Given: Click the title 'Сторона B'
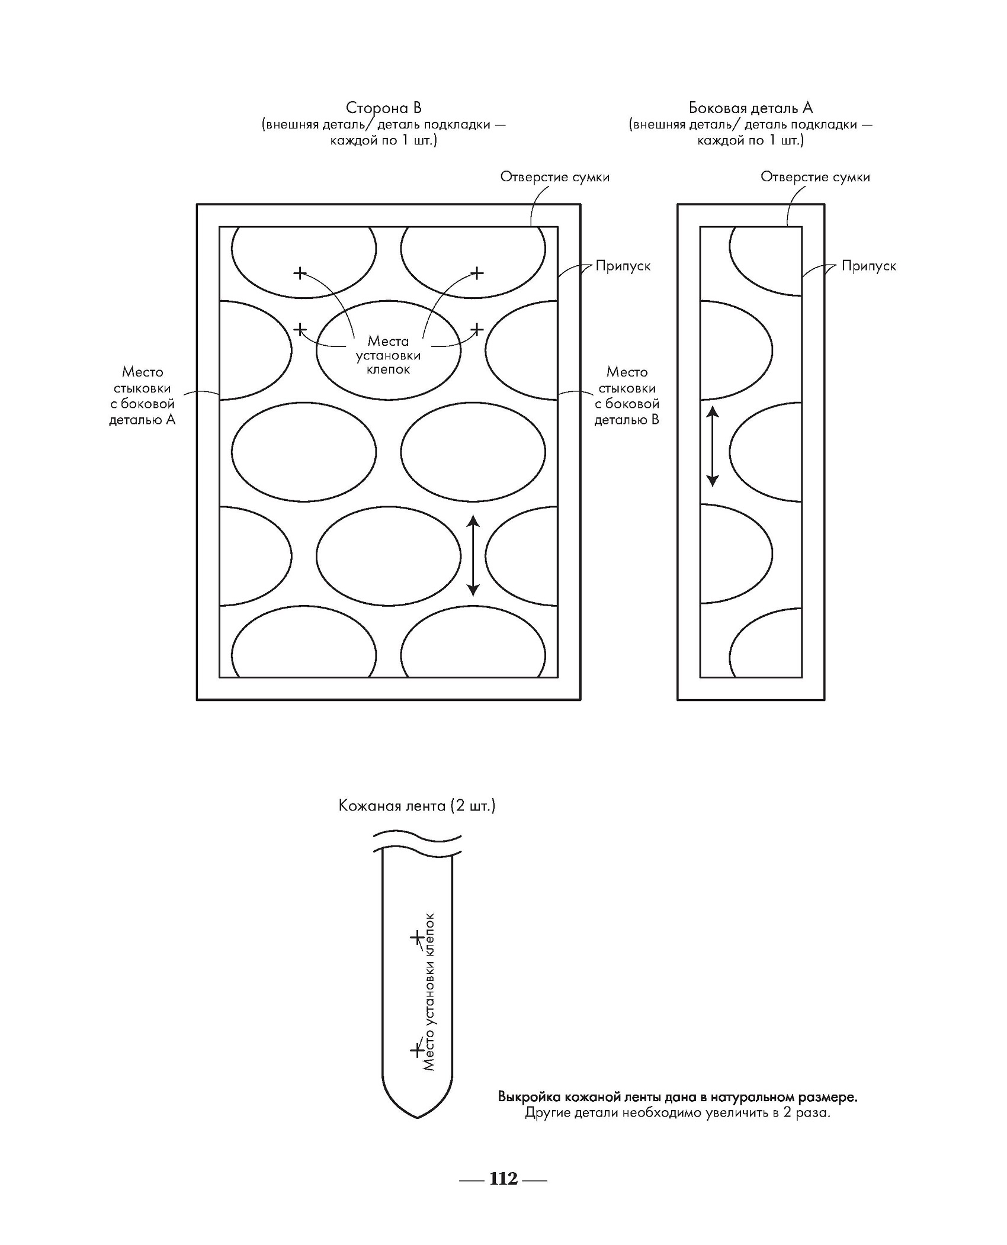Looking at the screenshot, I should [x=383, y=108].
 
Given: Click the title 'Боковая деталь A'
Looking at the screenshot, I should [x=751, y=108].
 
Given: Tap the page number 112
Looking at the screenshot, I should [x=504, y=1179].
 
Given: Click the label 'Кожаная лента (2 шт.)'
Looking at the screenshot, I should [x=417, y=806].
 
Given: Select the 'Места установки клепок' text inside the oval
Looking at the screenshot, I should [x=388, y=355].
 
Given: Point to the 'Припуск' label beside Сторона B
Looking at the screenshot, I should [x=623, y=266].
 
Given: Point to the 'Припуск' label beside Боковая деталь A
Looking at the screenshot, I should [x=868, y=266].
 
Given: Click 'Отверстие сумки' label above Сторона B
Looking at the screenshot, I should [x=554, y=177].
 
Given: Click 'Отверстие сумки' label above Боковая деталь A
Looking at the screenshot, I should [x=815, y=177].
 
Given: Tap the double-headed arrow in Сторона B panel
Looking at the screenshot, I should [x=473, y=555].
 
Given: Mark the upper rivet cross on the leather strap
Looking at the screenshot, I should [x=417, y=937].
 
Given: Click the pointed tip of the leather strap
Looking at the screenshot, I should [x=418, y=1115].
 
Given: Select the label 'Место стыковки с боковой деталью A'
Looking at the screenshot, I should [x=142, y=395].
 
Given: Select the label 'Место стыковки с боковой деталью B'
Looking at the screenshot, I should [x=627, y=395].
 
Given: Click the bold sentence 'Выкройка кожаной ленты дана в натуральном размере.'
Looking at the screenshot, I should [x=678, y=1097].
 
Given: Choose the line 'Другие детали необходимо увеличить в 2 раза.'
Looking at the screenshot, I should [x=678, y=1113].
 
